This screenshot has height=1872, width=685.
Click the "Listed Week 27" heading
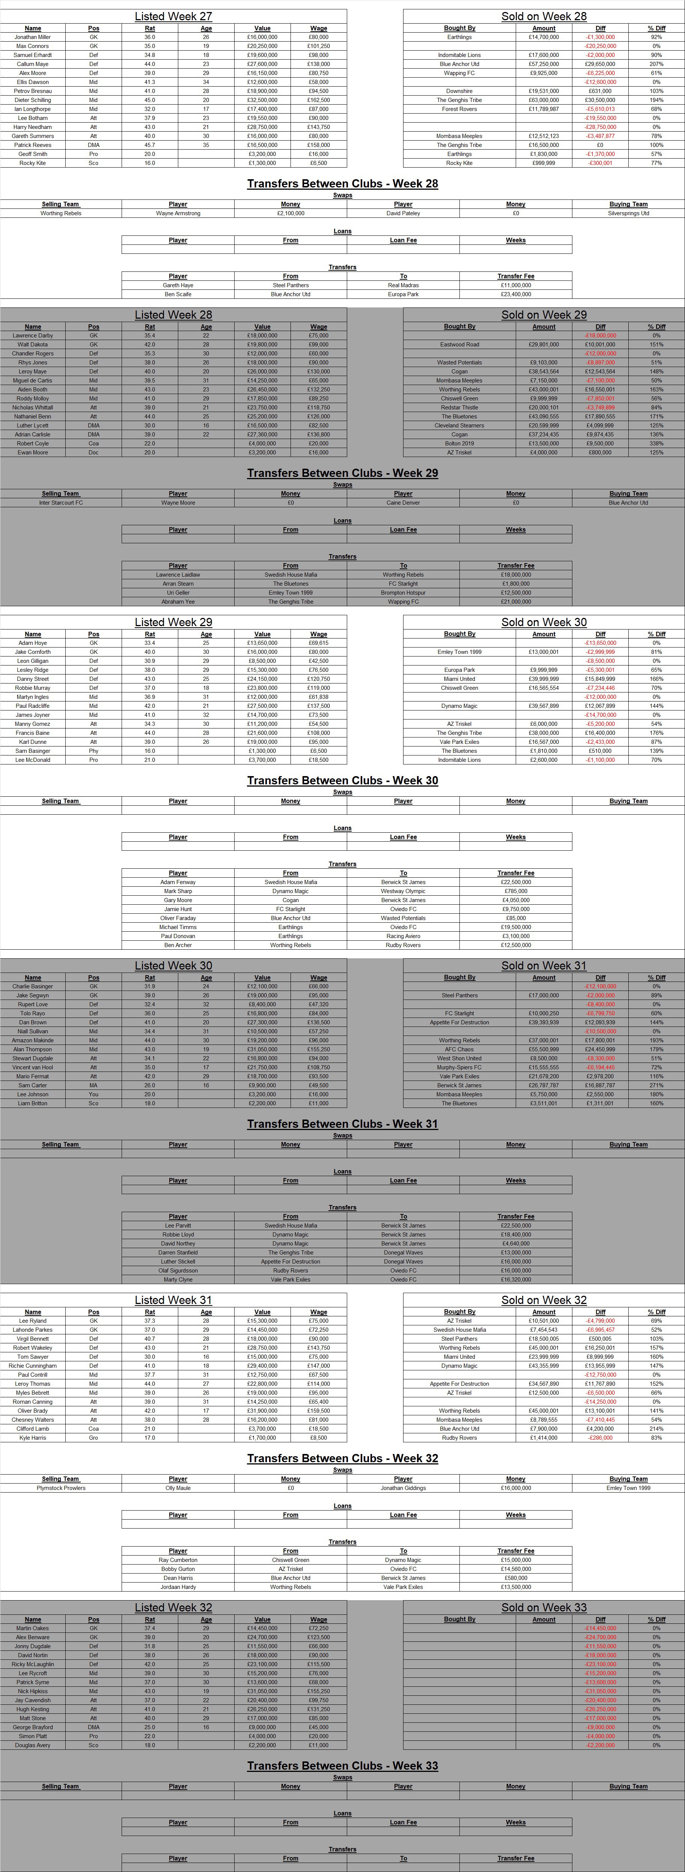(x=173, y=16)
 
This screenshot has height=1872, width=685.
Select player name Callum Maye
(x=33, y=64)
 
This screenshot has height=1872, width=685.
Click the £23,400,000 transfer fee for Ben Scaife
(x=516, y=294)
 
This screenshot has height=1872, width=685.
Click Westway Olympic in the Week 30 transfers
(x=403, y=891)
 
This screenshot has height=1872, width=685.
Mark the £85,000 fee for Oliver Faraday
(x=516, y=918)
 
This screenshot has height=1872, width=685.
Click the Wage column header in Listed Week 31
(x=319, y=1312)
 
